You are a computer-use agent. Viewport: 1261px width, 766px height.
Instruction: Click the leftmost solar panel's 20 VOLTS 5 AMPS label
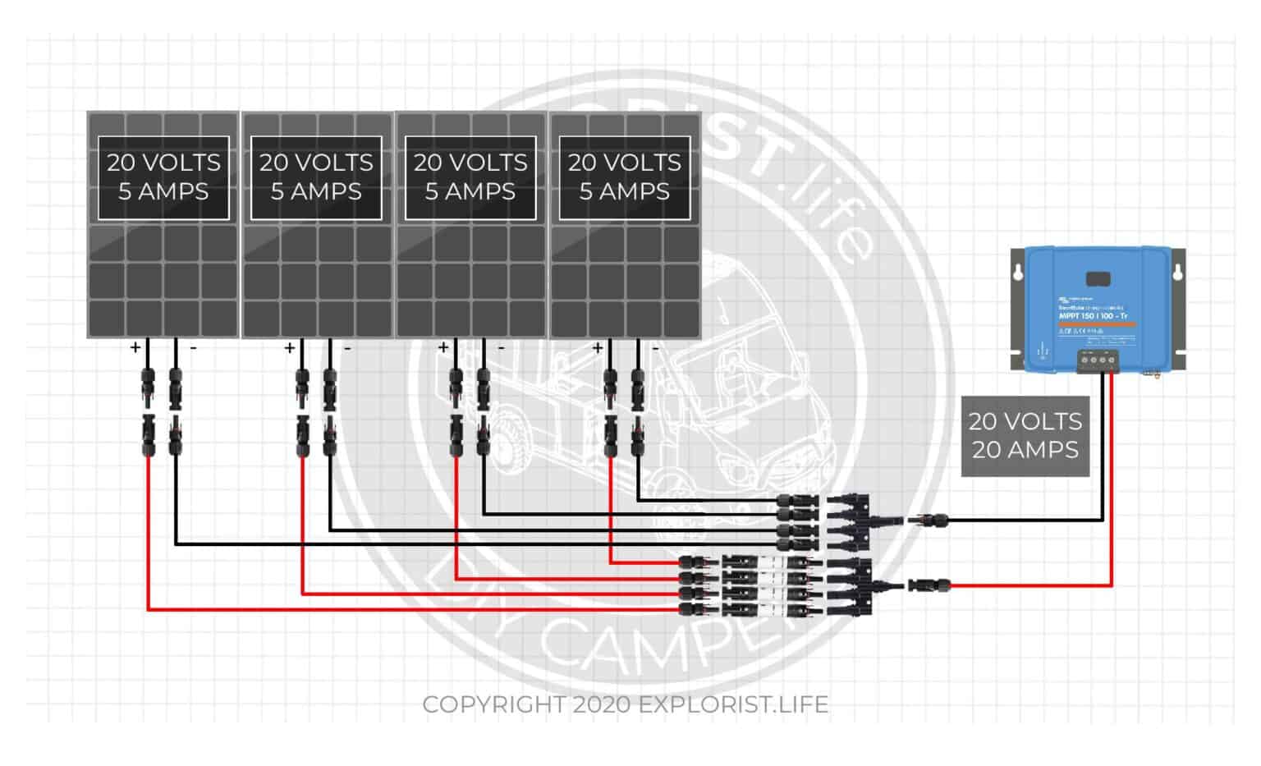(x=163, y=177)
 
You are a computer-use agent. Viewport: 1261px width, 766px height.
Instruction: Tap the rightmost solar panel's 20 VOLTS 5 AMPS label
(x=625, y=177)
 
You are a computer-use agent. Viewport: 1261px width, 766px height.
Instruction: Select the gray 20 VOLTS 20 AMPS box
(x=1025, y=436)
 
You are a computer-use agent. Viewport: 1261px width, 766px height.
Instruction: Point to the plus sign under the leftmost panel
(x=135, y=348)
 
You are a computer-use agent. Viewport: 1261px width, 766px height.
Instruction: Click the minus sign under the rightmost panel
(x=655, y=348)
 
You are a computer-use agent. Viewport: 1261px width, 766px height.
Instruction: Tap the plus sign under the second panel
(x=290, y=348)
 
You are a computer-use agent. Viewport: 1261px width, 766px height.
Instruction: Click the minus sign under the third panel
(x=501, y=348)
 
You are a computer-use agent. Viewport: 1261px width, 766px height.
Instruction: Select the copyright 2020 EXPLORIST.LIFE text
(x=625, y=704)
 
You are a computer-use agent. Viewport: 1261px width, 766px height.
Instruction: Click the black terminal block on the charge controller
(x=1098, y=360)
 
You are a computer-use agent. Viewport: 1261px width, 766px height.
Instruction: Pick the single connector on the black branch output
(x=926, y=519)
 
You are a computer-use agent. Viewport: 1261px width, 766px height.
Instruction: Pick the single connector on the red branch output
(x=929, y=585)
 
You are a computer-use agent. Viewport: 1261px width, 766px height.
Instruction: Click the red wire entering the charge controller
(x=1112, y=493)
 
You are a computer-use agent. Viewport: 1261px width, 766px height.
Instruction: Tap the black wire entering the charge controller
(x=1103, y=460)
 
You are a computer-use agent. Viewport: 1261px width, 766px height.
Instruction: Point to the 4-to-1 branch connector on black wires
(x=854, y=519)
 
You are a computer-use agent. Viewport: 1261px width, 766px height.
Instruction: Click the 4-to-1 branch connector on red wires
(x=854, y=585)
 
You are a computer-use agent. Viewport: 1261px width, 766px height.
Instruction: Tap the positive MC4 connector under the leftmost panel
(x=149, y=386)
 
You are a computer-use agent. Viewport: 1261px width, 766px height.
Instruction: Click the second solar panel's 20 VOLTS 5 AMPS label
(x=316, y=177)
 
